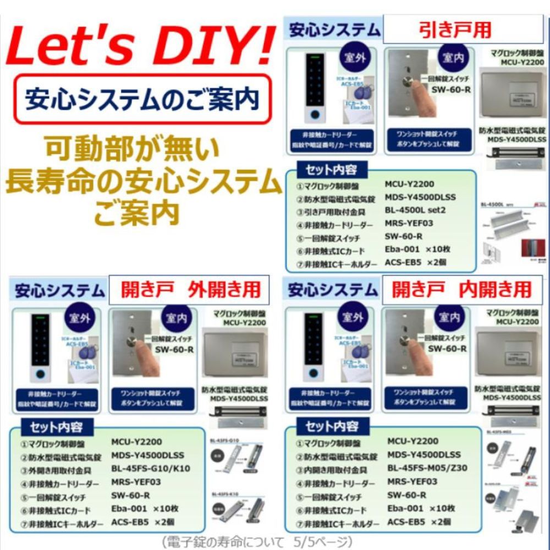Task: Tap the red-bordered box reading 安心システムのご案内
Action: tap(142, 99)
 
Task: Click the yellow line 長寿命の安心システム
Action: tap(140, 180)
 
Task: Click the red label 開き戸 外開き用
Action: tap(189, 289)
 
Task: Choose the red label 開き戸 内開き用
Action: tap(462, 289)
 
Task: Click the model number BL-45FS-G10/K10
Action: tap(151, 468)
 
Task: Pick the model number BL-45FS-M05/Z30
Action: tap(427, 468)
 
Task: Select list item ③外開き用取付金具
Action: tap(56, 471)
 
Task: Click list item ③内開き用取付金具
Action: tap(332, 470)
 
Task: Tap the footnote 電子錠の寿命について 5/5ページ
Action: tap(257, 542)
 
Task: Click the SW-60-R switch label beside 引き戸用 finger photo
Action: tap(450, 89)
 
